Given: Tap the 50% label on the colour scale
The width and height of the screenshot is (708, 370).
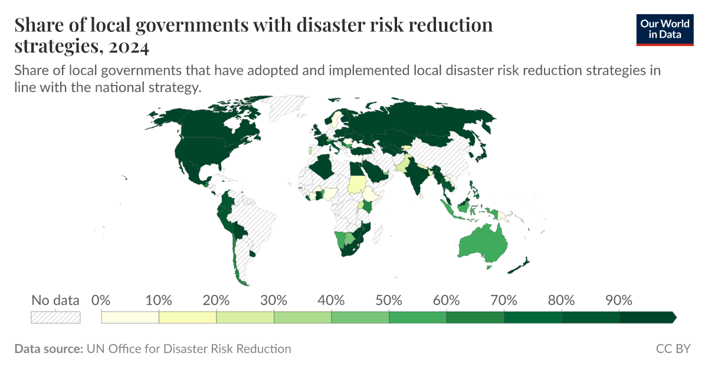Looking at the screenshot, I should click(x=389, y=300).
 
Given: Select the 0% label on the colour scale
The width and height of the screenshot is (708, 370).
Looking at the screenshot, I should click(x=101, y=300).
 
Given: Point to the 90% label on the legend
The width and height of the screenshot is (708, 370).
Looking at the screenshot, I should click(x=619, y=300).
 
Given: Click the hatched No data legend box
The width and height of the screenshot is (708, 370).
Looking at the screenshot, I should click(x=55, y=317).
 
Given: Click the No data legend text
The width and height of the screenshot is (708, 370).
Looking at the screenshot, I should click(x=55, y=300).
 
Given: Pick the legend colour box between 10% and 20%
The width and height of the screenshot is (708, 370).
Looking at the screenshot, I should click(x=188, y=317).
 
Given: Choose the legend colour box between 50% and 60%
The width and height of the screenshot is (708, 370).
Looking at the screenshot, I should click(x=418, y=317).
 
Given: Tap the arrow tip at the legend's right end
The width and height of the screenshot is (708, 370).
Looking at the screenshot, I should click(x=674, y=317).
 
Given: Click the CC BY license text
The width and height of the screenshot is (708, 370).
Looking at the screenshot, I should click(x=673, y=349).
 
